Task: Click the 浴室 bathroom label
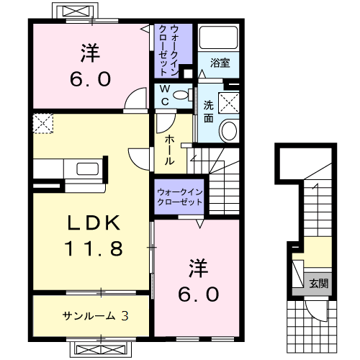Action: [220, 63]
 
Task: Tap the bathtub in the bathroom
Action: [219, 37]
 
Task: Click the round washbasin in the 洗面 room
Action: [229, 131]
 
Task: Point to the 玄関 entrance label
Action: [318, 284]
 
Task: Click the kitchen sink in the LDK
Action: [88, 169]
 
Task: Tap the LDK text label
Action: [94, 223]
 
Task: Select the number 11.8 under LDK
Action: [94, 248]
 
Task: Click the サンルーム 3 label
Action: [96, 316]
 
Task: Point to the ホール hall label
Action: [170, 150]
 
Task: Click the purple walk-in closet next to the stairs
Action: [179, 197]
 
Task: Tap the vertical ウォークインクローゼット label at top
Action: [168, 50]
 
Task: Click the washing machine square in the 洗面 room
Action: [229, 103]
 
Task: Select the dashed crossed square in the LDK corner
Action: [43, 124]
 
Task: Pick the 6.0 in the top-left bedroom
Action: [91, 79]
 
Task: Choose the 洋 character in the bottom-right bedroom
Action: [198, 268]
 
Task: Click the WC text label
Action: [165, 96]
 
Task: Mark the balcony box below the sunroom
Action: [101, 349]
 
